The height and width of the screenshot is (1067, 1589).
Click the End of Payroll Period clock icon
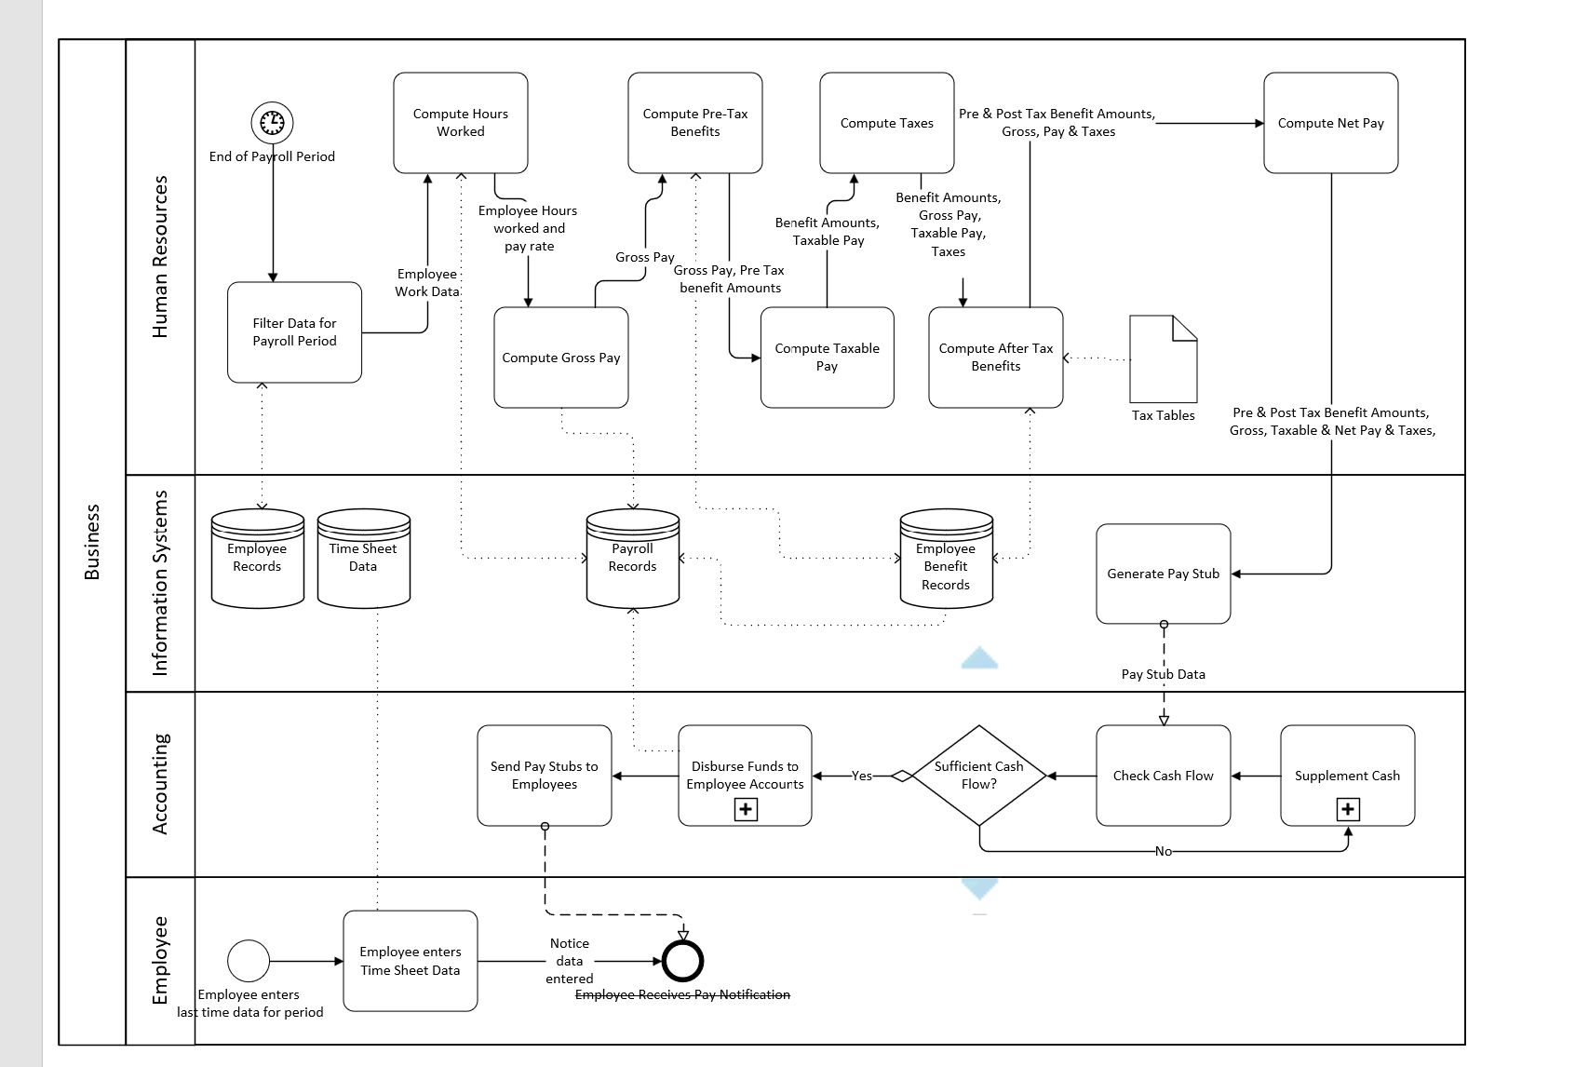click(272, 122)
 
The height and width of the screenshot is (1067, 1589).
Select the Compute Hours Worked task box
click(460, 123)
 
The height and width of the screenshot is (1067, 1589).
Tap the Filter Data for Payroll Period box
click(294, 332)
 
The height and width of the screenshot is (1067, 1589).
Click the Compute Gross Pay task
click(560, 358)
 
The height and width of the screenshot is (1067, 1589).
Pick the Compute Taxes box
click(886, 123)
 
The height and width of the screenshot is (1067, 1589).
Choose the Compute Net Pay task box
click(1330, 123)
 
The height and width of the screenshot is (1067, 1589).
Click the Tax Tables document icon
click(1163, 359)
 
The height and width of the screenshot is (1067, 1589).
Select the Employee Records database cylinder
click(257, 559)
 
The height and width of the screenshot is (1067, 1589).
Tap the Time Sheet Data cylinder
click(363, 559)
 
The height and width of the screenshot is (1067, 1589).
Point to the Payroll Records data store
click(632, 559)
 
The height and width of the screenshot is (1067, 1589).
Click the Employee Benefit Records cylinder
click(946, 559)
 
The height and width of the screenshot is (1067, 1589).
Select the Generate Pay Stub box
click(1163, 574)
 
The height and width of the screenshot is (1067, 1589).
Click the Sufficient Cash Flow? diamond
click(978, 776)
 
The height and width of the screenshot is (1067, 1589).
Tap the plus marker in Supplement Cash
click(1347, 809)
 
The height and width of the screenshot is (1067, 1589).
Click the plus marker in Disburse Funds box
click(745, 809)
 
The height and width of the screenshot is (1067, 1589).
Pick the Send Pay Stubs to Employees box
click(544, 776)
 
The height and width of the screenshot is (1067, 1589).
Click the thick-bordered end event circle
click(682, 961)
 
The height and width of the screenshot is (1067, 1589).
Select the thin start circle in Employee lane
click(249, 961)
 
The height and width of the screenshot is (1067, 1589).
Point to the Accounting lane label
click(160, 784)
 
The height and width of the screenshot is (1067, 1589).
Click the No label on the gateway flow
click(1163, 851)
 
